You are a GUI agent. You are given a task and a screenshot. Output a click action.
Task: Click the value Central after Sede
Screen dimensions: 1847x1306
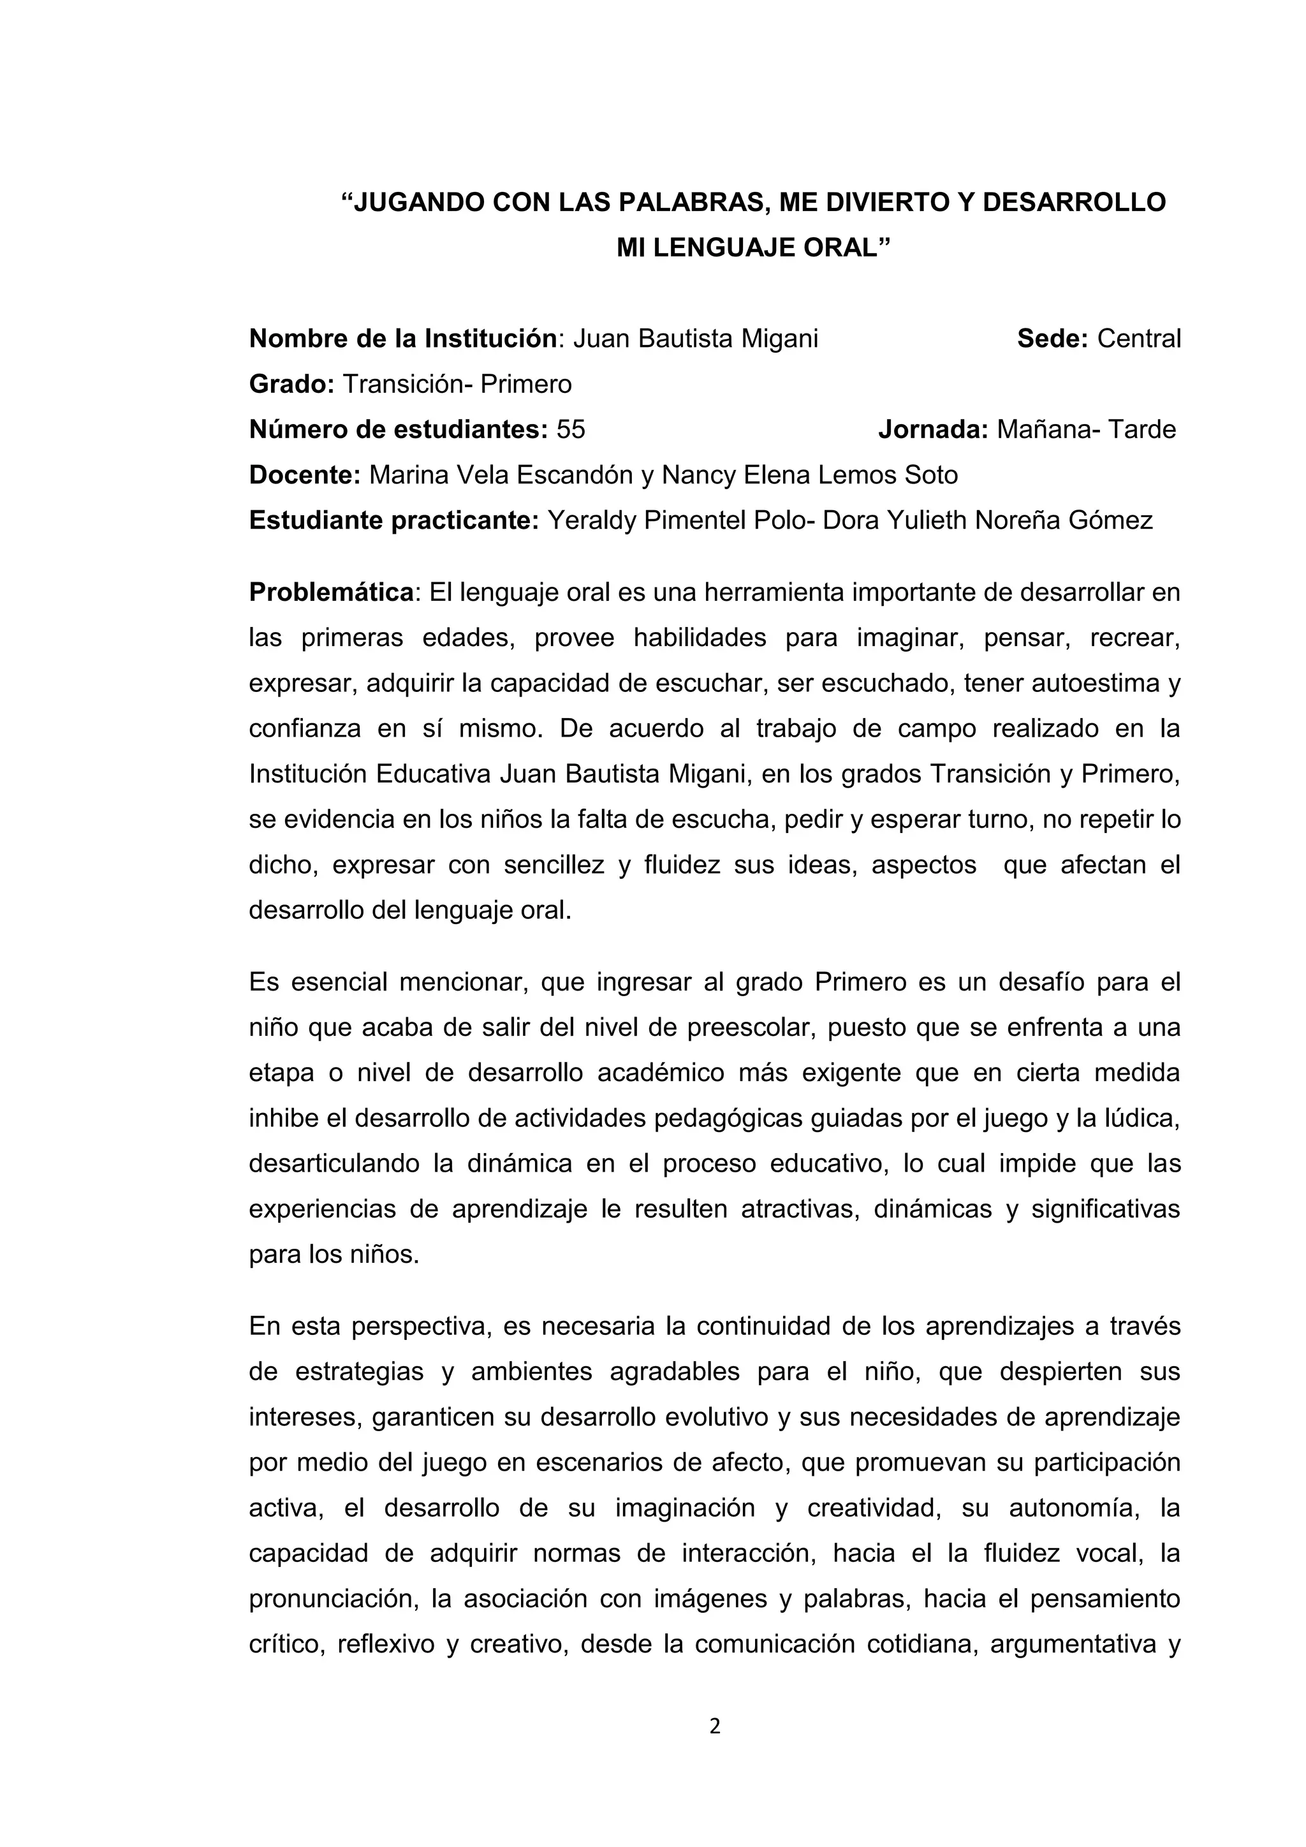point(1139,339)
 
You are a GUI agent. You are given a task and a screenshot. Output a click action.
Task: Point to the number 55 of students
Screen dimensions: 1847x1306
point(571,430)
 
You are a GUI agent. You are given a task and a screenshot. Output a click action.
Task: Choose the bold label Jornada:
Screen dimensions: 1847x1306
point(933,430)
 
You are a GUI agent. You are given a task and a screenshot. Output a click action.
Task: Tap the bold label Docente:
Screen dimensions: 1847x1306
point(305,475)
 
